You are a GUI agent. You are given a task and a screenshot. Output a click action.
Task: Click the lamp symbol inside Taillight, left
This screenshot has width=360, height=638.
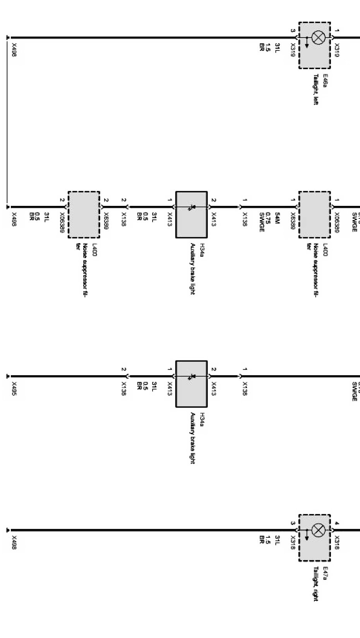point(318,38)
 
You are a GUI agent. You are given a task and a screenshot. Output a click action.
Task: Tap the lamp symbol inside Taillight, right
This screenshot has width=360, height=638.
point(318,530)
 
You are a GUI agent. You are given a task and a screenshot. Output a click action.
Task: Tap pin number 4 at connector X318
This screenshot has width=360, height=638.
point(337,523)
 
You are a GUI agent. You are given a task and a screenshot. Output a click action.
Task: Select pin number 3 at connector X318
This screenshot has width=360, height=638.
point(293,523)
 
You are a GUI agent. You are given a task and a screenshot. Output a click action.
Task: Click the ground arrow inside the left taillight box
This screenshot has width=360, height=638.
point(307,43)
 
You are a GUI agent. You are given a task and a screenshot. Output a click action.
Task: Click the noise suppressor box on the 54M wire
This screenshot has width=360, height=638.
point(314,214)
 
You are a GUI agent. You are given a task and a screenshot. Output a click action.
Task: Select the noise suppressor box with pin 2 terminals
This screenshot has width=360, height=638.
point(84,214)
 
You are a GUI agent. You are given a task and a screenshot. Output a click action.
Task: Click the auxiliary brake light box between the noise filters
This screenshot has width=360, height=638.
point(191,214)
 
